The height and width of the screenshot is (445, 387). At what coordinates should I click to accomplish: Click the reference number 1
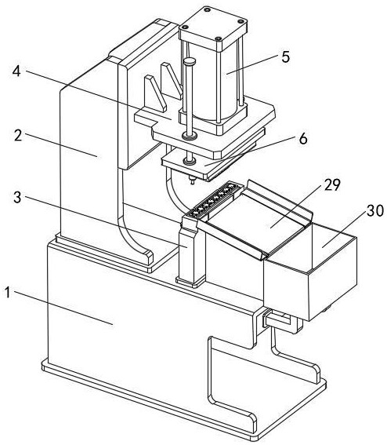(x=7, y=293)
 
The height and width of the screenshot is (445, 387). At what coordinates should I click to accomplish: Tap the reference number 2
(x=18, y=136)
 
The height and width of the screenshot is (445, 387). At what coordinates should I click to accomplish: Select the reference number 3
(x=17, y=197)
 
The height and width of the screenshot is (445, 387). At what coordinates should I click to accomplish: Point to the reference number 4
(x=16, y=71)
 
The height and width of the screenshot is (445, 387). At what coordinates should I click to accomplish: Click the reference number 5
(x=286, y=57)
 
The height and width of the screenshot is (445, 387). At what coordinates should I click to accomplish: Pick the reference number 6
(x=303, y=139)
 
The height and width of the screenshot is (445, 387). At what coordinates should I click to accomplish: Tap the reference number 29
(x=332, y=184)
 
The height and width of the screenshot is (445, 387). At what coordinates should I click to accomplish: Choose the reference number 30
(x=375, y=210)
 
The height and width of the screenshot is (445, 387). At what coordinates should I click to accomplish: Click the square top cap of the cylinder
(x=213, y=27)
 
